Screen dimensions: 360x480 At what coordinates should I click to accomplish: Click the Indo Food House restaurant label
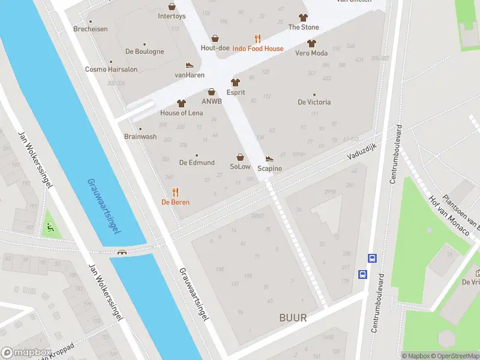[258, 49]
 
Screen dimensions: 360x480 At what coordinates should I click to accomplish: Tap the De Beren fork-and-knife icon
[175, 192]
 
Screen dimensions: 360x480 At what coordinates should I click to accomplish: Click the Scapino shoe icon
[269, 159]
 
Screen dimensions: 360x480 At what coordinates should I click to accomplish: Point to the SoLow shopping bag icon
[240, 157]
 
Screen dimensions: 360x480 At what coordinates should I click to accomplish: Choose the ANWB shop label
[212, 101]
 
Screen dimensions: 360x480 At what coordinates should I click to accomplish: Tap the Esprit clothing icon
[235, 83]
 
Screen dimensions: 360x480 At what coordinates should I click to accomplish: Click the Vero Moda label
[311, 53]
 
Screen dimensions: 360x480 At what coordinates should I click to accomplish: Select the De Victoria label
[314, 102]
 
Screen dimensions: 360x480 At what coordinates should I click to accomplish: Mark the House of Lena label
[181, 113]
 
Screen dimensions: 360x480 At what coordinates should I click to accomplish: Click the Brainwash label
[140, 136]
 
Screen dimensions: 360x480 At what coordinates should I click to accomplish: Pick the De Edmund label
[197, 163]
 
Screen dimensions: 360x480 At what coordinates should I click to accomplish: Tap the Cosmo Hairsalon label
[111, 69]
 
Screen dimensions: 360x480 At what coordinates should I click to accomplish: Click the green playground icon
[50, 227]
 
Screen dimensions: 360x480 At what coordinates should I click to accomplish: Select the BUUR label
[293, 318]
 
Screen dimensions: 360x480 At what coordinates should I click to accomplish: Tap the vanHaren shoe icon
[190, 65]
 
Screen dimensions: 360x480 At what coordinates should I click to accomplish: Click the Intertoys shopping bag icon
[172, 7]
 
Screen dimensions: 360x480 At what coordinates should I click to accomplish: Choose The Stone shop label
[304, 27]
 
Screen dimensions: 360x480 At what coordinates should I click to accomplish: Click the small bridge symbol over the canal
[122, 252]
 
